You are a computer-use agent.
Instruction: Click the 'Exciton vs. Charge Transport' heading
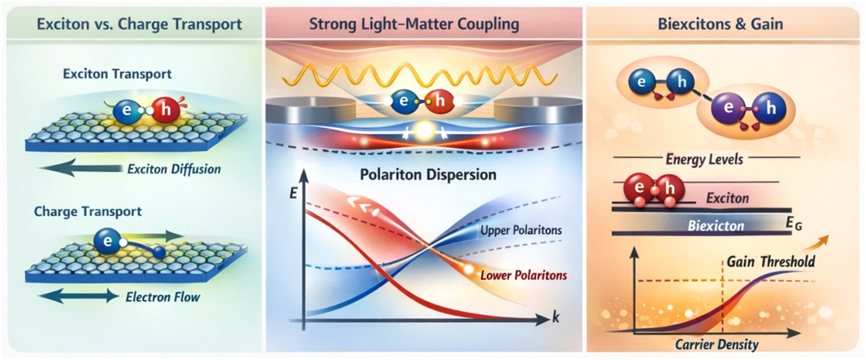[139, 24]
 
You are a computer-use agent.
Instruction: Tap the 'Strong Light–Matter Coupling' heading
[414, 24]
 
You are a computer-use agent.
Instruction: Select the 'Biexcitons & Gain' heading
[721, 24]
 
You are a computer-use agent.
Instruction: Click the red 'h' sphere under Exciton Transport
[166, 110]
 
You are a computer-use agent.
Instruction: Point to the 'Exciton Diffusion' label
[174, 169]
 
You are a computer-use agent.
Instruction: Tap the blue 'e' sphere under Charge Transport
[107, 241]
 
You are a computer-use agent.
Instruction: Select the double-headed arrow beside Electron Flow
[79, 297]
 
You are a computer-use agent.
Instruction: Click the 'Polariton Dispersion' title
[428, 175]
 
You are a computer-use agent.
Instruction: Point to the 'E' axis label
[293, 193]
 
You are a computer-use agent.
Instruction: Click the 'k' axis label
[555, 318]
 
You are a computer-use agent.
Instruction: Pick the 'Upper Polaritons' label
[521, 230]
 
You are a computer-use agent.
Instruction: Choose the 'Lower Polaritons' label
[524, 275]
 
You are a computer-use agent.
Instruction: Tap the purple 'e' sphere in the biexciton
[728, 107]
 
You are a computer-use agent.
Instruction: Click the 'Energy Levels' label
[705, 159]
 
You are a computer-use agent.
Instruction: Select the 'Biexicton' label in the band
[716, 226]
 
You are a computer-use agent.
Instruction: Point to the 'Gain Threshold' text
[771, 262]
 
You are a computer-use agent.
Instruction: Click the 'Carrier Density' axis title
[717, 344]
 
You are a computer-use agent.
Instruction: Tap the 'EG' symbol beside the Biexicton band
[794, 223]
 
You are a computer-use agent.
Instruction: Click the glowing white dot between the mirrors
[424, 131]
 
